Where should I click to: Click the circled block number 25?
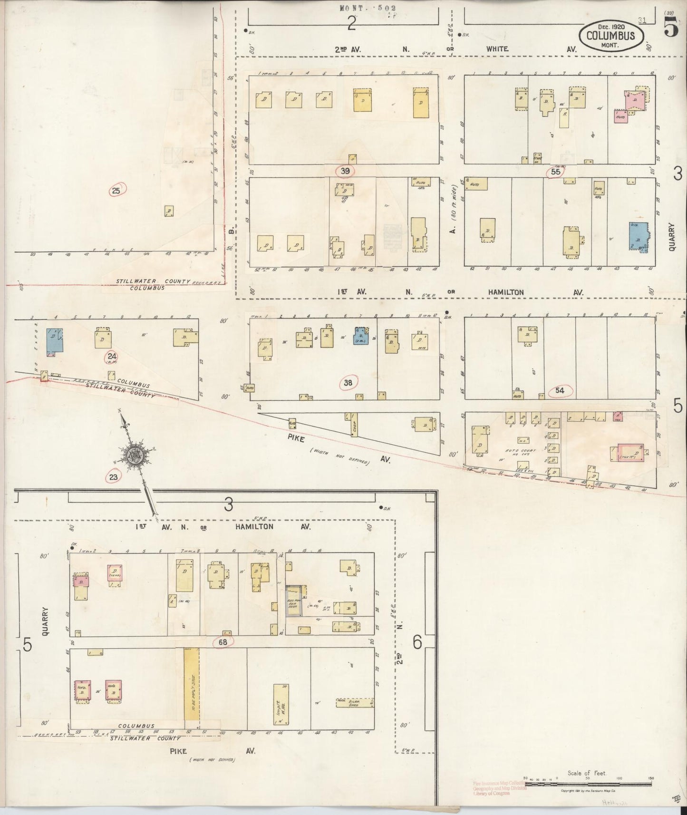[x=116, y=191]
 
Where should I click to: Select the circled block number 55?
[x=556, y=172]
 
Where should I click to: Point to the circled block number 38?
[x=348, y=382]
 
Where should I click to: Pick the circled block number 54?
[x=560, y=391]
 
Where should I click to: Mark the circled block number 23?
[x=113, y=476]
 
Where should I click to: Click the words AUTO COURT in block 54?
[x=523, y=450]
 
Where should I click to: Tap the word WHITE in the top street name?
[x=497, y=49]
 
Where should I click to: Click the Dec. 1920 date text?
[x=610, y=28]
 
